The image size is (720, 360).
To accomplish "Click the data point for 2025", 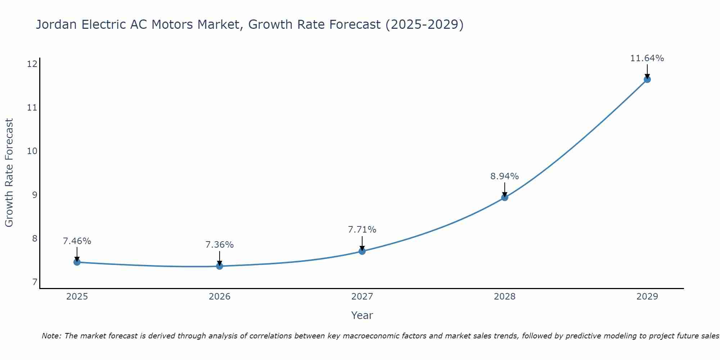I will pos(77,262).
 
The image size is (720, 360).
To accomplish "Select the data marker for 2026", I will pos(220,266).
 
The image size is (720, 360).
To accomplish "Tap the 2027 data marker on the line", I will pos(362,251).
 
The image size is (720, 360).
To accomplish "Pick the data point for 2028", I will pos(505,197).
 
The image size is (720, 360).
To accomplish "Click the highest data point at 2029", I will pos(647,79).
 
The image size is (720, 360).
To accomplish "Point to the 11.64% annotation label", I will pos(647,58).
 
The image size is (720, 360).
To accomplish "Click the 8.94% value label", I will pos(504,176).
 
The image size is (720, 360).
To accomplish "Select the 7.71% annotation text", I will pos(362,230).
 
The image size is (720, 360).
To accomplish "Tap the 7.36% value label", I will pos(219,245).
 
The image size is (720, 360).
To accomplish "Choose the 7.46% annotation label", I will pos(77,241).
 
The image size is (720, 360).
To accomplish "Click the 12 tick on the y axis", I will pos(32,64).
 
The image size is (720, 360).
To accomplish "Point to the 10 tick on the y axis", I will pos(32,151).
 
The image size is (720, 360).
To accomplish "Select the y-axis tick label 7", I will pos(35,282).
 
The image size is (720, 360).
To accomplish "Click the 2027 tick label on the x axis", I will pos(362,297).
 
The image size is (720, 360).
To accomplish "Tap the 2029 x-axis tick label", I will pos(647,297).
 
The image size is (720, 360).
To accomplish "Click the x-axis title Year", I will pos(362,315).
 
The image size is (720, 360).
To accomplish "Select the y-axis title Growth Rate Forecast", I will pos(9,173).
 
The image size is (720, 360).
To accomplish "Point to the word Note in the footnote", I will pos(52,336).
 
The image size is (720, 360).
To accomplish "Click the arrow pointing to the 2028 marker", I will pos(505,189).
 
